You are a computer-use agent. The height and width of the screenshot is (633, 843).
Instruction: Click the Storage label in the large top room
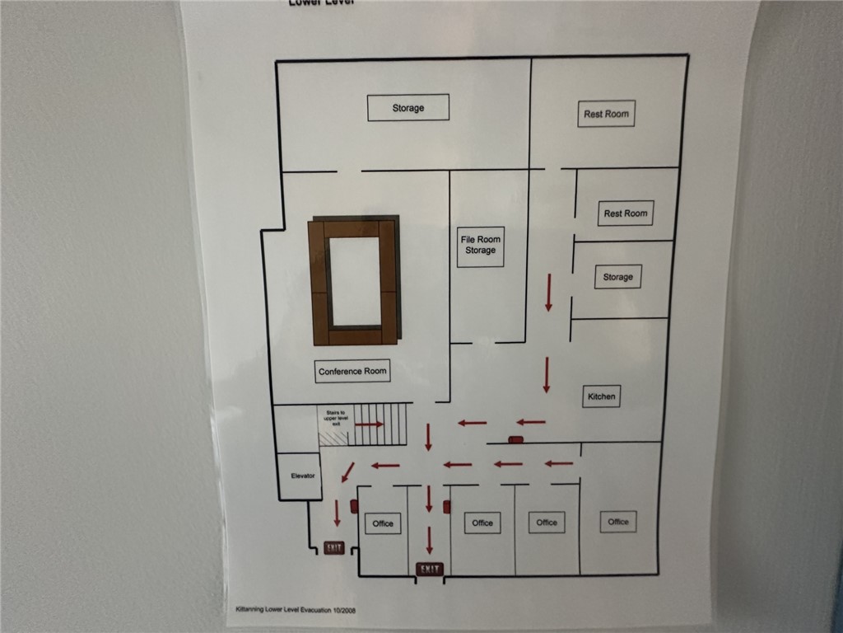[408, 108]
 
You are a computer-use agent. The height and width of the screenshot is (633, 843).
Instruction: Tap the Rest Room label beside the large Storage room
[606, 114]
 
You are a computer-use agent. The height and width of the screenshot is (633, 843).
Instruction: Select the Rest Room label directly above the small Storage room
[626, 213]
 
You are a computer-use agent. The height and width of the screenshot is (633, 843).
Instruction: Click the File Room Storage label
[480, 245]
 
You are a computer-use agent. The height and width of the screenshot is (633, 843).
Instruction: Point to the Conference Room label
[352, 372]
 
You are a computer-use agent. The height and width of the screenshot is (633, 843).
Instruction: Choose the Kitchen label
[601, 396]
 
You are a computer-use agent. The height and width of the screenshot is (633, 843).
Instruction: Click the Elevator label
[303, 476]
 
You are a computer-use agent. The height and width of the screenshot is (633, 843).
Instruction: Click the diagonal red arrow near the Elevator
[347, 471]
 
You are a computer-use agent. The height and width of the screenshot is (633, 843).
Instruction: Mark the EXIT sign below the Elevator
[334, 547]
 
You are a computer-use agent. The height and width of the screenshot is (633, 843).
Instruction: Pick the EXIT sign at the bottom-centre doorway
[430, 569]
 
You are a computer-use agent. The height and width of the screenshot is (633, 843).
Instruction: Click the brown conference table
[353, 281]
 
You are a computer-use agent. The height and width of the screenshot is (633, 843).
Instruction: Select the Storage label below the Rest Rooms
[617, 277]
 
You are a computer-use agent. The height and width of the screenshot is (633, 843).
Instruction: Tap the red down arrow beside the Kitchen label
[546, 375]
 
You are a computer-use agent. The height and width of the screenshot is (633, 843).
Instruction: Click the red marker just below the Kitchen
[516, 439]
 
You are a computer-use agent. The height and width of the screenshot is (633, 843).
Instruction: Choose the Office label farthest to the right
[618, 521]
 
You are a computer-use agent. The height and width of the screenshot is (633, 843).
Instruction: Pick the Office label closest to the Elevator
[383, 523]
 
